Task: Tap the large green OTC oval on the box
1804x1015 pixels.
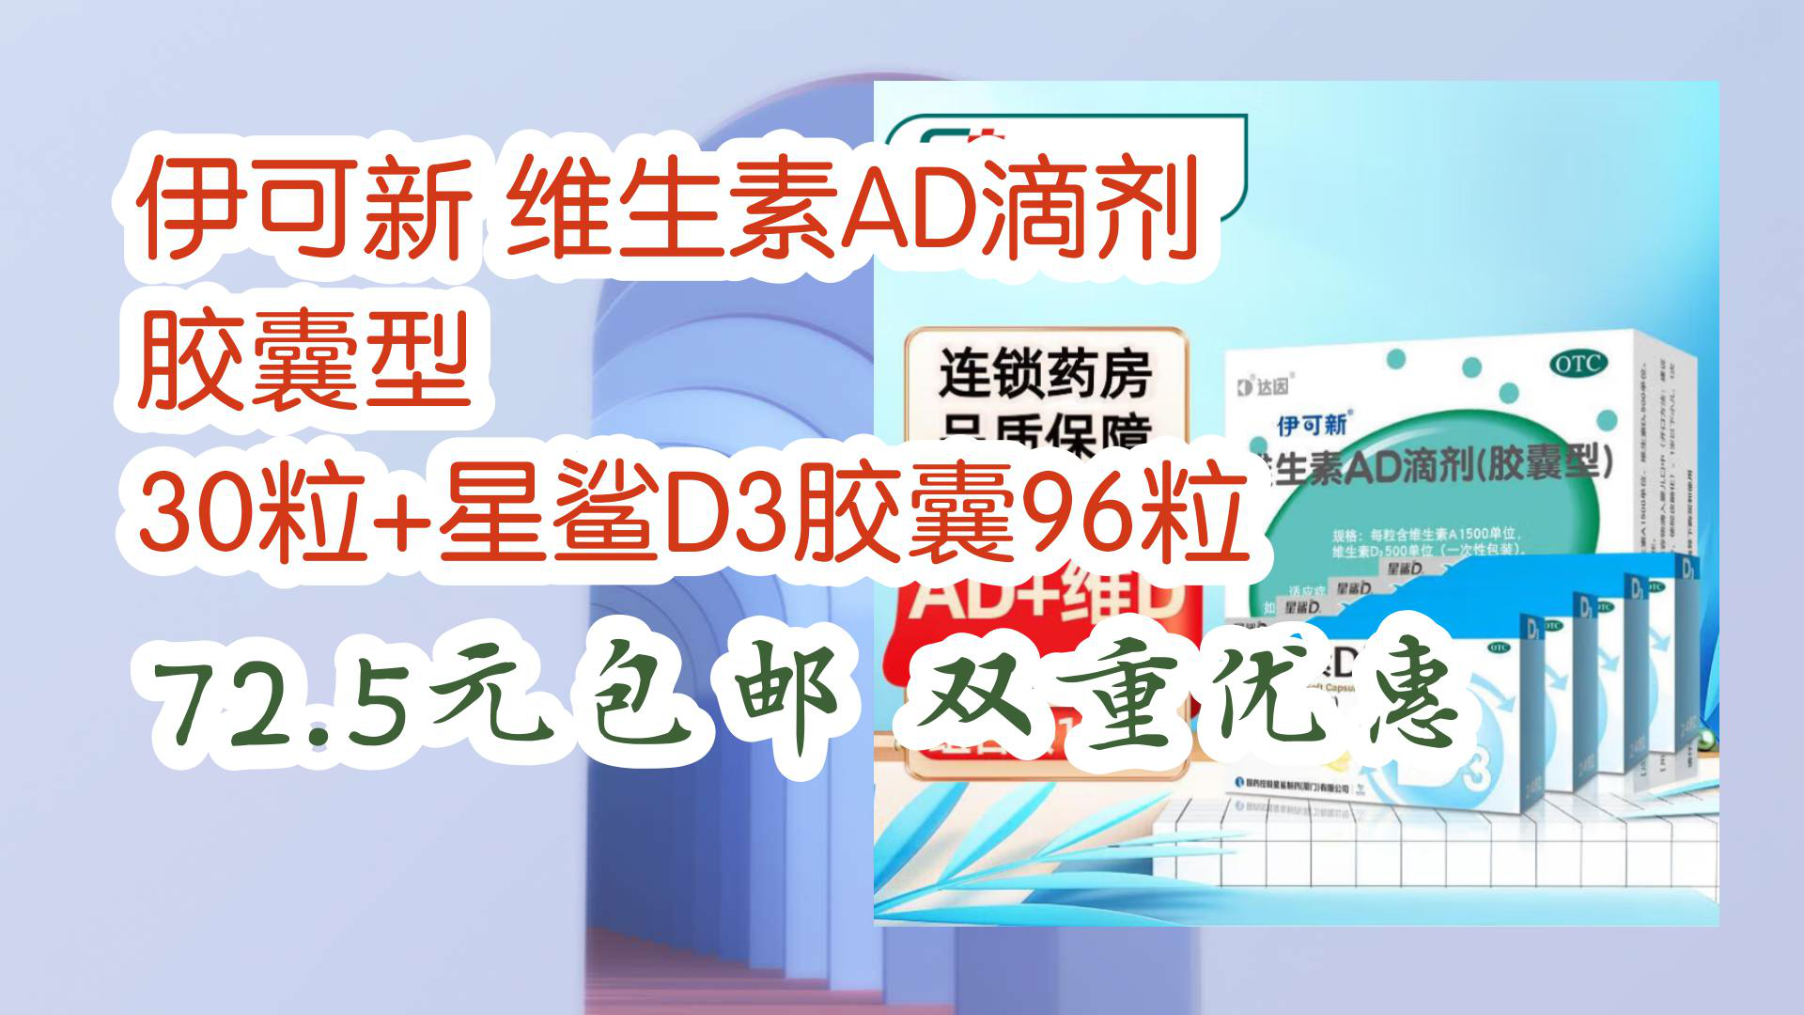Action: (x=1578, y=365)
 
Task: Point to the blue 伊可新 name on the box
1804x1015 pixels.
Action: (x=1312, y=426)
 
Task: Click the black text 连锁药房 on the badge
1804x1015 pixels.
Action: (x=1045, y=374)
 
